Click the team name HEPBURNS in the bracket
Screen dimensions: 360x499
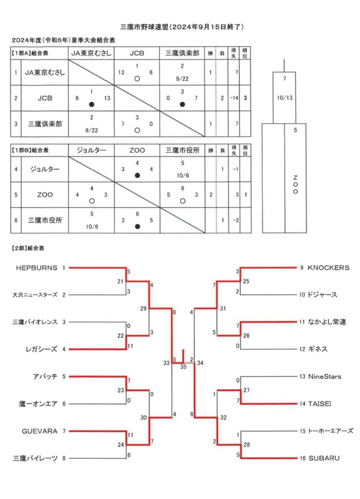coord(37,268)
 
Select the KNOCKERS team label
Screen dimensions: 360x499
coord(328,268)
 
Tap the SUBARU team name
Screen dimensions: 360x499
coord(324,458)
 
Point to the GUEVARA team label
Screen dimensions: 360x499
coord(39,431)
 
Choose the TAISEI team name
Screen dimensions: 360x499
coord(320,404)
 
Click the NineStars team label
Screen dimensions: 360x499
coord(325,377)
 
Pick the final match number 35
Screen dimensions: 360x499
coord(183,367)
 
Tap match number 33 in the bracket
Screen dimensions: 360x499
coord(166,363)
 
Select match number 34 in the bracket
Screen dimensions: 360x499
coord(200,363)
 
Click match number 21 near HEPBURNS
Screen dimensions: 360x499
coord(120,281)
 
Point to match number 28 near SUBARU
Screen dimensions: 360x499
coord(247,444)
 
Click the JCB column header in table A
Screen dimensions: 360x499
coord(137,54)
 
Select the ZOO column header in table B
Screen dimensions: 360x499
coord(137,150)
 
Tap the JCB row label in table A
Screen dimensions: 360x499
coord(45,98)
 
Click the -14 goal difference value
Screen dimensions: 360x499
coord(234,98)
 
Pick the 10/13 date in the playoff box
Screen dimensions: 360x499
coord(284,98)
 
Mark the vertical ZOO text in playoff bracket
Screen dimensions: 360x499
coord(295,185)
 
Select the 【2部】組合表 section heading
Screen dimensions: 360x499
coord(28,248)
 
